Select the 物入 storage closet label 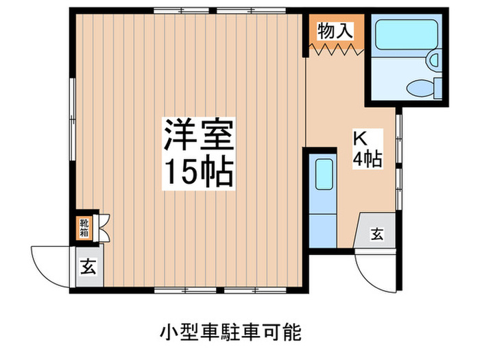click(x=335, y=30)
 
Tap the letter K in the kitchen click(x=359, y=136)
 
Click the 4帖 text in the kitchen click(x=367, y=159)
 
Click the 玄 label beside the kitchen click(x=377, y=235)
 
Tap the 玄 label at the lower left click(x=89, y=265)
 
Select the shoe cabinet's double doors click(x=102, y=227)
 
